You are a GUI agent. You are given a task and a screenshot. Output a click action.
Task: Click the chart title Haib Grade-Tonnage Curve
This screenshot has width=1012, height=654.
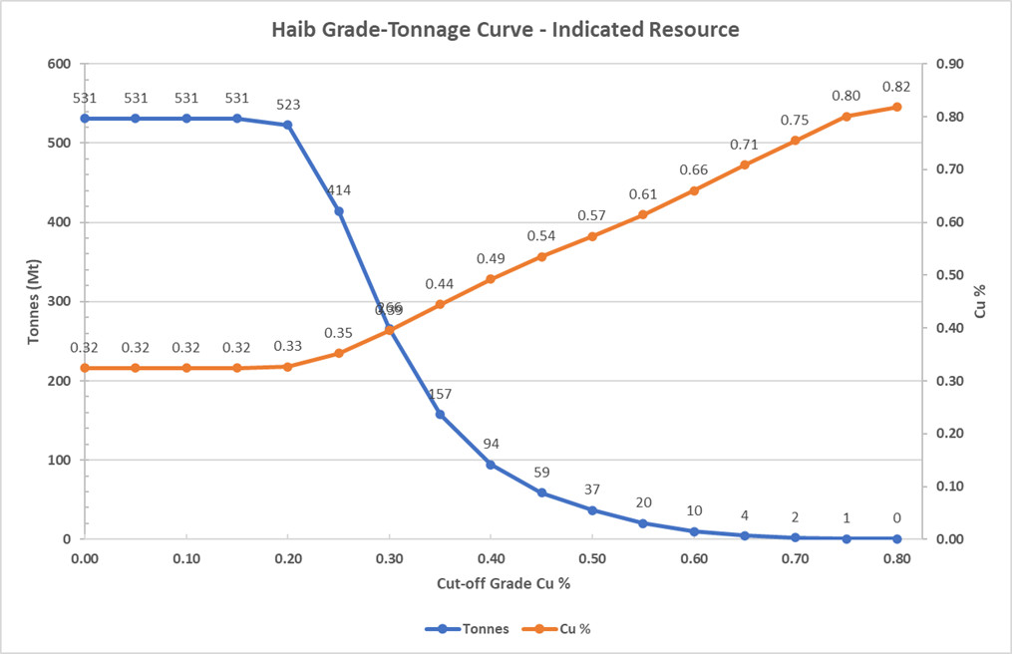coord(506,29)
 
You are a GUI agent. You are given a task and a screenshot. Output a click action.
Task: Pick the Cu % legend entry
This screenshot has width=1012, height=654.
coord(574,629)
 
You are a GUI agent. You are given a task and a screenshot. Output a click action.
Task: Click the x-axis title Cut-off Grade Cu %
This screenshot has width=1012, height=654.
coord(490,581)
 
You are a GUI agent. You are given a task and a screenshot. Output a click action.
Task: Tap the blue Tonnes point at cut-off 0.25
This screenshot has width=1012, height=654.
coord(339,211)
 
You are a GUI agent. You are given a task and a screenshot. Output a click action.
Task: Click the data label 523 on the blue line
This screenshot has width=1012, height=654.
coord(288,105)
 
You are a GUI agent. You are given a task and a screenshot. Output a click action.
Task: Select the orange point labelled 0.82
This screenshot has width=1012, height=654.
coord(896,107)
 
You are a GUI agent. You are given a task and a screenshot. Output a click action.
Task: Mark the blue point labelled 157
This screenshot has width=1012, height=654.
coord(440,414)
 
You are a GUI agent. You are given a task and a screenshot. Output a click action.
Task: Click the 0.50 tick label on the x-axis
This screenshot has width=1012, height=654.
coord(592,559)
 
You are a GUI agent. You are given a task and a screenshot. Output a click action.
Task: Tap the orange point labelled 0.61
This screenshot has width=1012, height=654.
coord(643,214)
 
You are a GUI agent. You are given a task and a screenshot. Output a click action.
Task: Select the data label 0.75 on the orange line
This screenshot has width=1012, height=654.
coord(795,120)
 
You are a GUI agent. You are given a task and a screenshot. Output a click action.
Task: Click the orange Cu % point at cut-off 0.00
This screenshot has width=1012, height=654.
coord(85,368)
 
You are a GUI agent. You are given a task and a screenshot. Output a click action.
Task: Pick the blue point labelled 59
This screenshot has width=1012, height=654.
coord(541,492)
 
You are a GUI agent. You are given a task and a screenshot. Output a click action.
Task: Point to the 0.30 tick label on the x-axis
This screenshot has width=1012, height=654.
coord(389,559)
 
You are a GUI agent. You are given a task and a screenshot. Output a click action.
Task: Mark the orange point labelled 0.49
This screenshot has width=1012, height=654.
coord(491,279)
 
